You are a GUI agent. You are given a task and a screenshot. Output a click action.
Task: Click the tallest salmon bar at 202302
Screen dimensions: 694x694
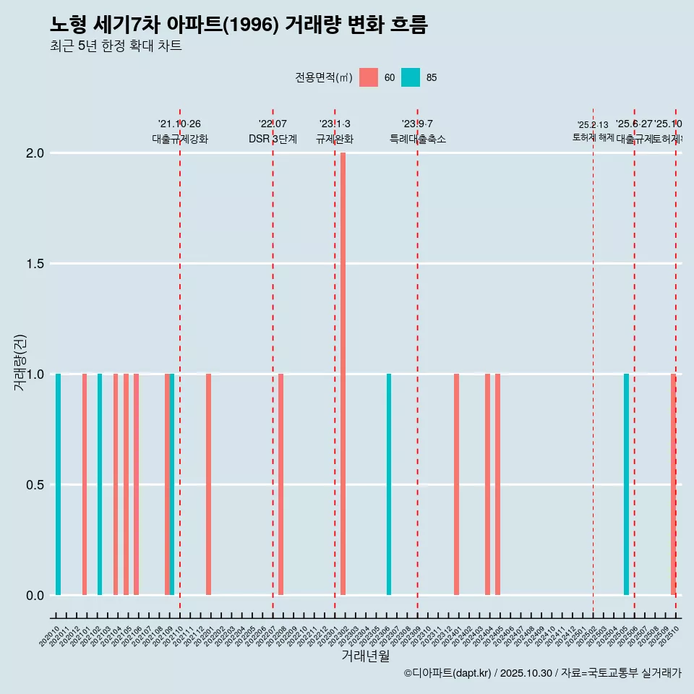coord(343,374)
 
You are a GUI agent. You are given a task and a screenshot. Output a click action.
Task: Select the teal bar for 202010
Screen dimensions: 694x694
coord(58,484)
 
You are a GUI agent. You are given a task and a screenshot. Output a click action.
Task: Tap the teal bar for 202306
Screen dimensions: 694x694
coord(389,484)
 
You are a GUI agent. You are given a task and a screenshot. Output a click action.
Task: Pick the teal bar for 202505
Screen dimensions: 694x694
coord(626,484)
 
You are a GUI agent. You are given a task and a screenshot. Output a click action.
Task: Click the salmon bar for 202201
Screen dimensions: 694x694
coord(208,484)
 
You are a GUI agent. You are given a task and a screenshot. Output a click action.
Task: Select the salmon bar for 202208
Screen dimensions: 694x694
coord(280,484)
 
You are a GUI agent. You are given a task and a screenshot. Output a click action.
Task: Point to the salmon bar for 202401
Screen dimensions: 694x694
coord(456,484)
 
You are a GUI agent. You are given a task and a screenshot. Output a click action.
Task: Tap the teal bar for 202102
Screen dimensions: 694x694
coord(100,484)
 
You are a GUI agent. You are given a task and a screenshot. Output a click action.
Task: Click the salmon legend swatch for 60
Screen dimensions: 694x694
coord(369,77)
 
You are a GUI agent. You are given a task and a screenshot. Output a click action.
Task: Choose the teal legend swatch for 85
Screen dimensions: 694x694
coord(411,77)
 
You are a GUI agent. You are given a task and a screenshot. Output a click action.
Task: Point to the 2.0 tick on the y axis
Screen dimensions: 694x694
coord(36,153)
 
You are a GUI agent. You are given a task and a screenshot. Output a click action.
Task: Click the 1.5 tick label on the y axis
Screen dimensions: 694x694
coord(36,264)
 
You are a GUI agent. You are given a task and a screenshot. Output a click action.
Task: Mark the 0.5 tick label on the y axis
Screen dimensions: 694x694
coord(36,484)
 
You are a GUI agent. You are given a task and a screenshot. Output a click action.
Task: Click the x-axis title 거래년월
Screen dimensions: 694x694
coord(365,656)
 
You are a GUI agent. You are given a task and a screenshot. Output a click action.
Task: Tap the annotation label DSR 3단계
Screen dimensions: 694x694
coord(273,139)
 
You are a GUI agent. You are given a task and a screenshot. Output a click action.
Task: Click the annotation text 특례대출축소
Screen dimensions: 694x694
coord(417,139)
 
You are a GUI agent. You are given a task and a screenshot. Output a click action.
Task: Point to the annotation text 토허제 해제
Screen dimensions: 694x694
coord(593,137)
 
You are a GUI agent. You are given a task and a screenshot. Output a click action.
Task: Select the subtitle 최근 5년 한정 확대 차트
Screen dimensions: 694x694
coord(116,46)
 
